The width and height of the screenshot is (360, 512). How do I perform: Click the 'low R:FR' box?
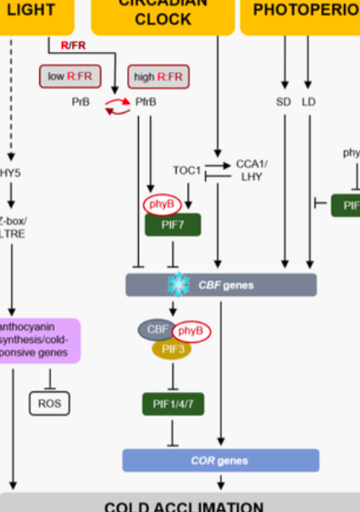(x=69, y=77)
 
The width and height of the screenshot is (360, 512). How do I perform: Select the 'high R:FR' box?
(x=159, y=77)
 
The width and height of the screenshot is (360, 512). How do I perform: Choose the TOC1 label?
(x=187, y=170)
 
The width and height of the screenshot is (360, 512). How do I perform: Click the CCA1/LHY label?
(x=252, y=170)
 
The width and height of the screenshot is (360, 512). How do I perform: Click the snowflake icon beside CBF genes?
(x=177, y=285)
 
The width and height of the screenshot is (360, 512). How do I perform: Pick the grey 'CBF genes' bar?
(x=222, y=285)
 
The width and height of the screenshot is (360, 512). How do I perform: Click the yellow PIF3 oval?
(x=172, y=348)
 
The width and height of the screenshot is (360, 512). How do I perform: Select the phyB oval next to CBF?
(x=192, y=332)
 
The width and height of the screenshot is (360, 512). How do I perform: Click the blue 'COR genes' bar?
(x=221, y=460)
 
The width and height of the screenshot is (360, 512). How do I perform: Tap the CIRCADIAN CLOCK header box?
(x=162, y=14)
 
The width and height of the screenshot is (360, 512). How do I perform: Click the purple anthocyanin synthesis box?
(x=40, y=340)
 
